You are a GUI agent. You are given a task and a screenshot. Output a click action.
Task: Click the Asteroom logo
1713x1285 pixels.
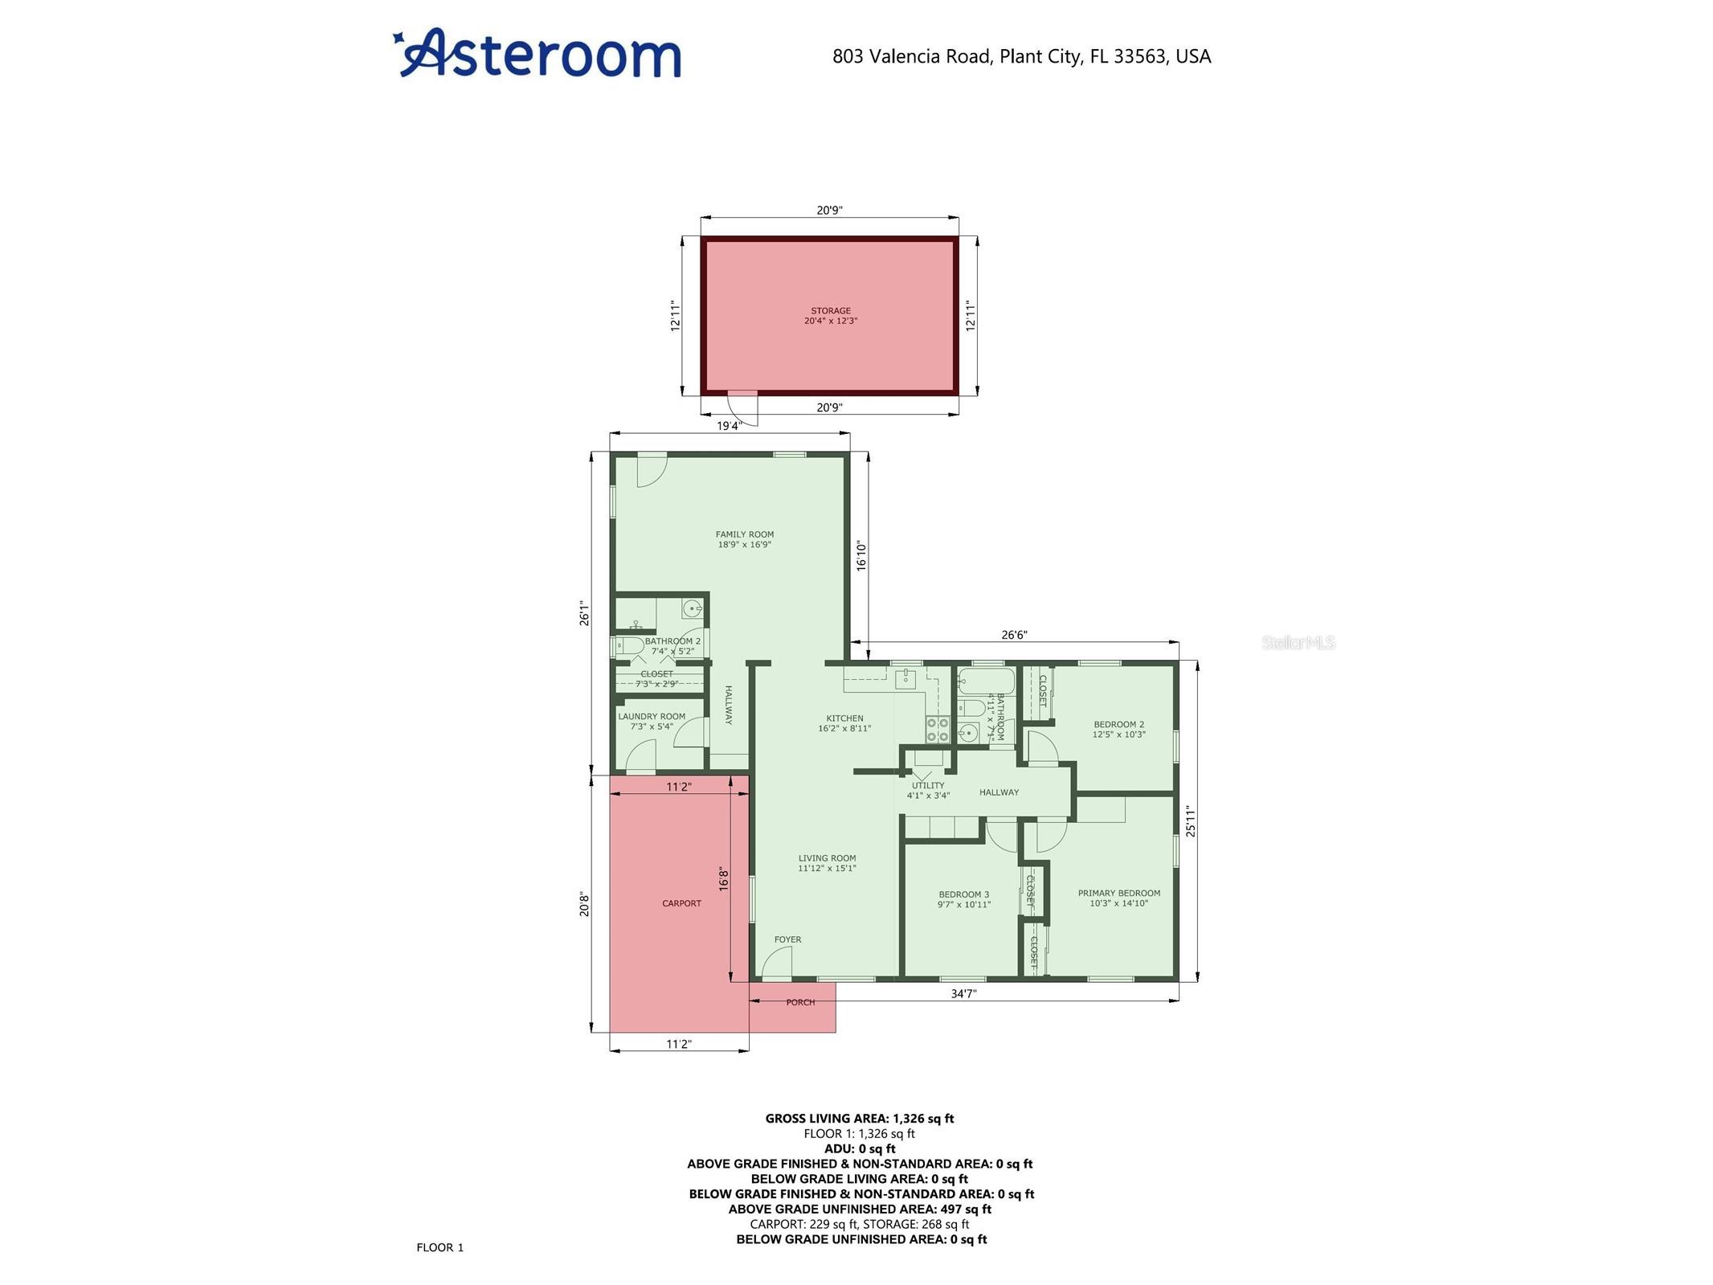click(x=538, y=53)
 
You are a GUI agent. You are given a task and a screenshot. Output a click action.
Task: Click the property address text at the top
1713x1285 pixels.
click(x=1021, y=56)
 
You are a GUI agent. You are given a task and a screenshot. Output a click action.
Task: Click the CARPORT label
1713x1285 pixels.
click(x=681, y=903)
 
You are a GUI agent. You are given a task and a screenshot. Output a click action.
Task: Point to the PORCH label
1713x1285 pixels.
click(x=800, y=1002)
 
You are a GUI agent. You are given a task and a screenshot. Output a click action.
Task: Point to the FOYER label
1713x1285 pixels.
click(x=787, y=939)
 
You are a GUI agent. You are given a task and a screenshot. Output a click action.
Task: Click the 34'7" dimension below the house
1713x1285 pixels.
click(x=963, y=993)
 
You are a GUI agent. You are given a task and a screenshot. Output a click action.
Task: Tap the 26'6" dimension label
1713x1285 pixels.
click(x=1014, y=635)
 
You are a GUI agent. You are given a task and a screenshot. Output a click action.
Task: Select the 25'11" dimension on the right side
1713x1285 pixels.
click(x=1191, y=821)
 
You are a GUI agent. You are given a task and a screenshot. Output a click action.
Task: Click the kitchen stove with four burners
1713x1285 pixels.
click(x=938, y=729)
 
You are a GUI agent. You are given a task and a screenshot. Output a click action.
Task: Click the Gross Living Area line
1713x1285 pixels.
click(x=860, y=1118)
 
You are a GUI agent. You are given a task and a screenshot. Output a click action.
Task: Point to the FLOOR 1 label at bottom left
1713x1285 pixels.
click(x=440, y=1247)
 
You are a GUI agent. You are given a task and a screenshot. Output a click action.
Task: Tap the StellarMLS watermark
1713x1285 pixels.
click(x=1298, y=642)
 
